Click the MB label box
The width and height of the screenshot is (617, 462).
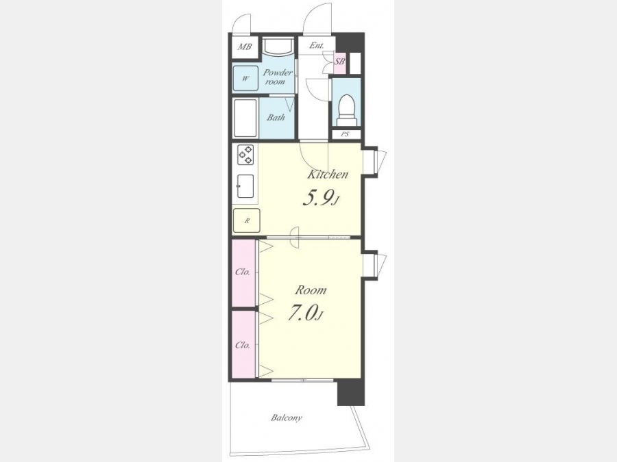click(244, 47)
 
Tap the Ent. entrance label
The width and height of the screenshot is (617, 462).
click(316, 46)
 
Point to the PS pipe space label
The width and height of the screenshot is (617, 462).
click(345, 134)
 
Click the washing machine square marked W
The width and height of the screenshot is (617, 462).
click(245, 78)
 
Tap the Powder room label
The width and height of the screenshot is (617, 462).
click(278, 77)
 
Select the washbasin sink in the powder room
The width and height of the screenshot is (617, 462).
click(278, 47)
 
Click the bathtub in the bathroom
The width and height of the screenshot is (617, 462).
click(245, 118)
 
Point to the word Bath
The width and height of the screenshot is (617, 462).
click(276, 117)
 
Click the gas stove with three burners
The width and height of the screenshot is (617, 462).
click(245, 155)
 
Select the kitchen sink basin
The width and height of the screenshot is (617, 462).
click(245, 186)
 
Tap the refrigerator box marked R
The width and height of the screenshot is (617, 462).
click(246, 220)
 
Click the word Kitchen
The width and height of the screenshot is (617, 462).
click(328, 174)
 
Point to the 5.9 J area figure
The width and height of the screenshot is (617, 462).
click(322, 198)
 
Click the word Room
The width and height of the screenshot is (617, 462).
click(311, 290)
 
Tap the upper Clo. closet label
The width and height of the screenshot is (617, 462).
click(243, 272)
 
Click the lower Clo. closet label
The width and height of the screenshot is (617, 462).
click(243, 346)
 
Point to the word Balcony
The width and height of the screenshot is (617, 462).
click(287, 418)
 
